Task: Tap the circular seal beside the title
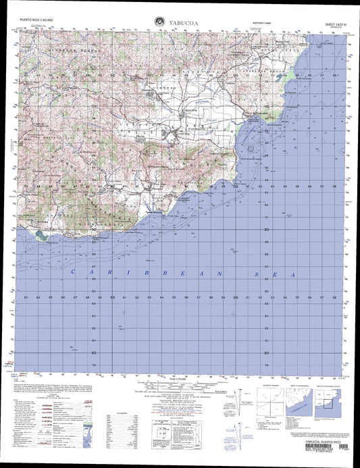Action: click(159, 21)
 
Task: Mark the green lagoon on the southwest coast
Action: click(43, 235)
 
